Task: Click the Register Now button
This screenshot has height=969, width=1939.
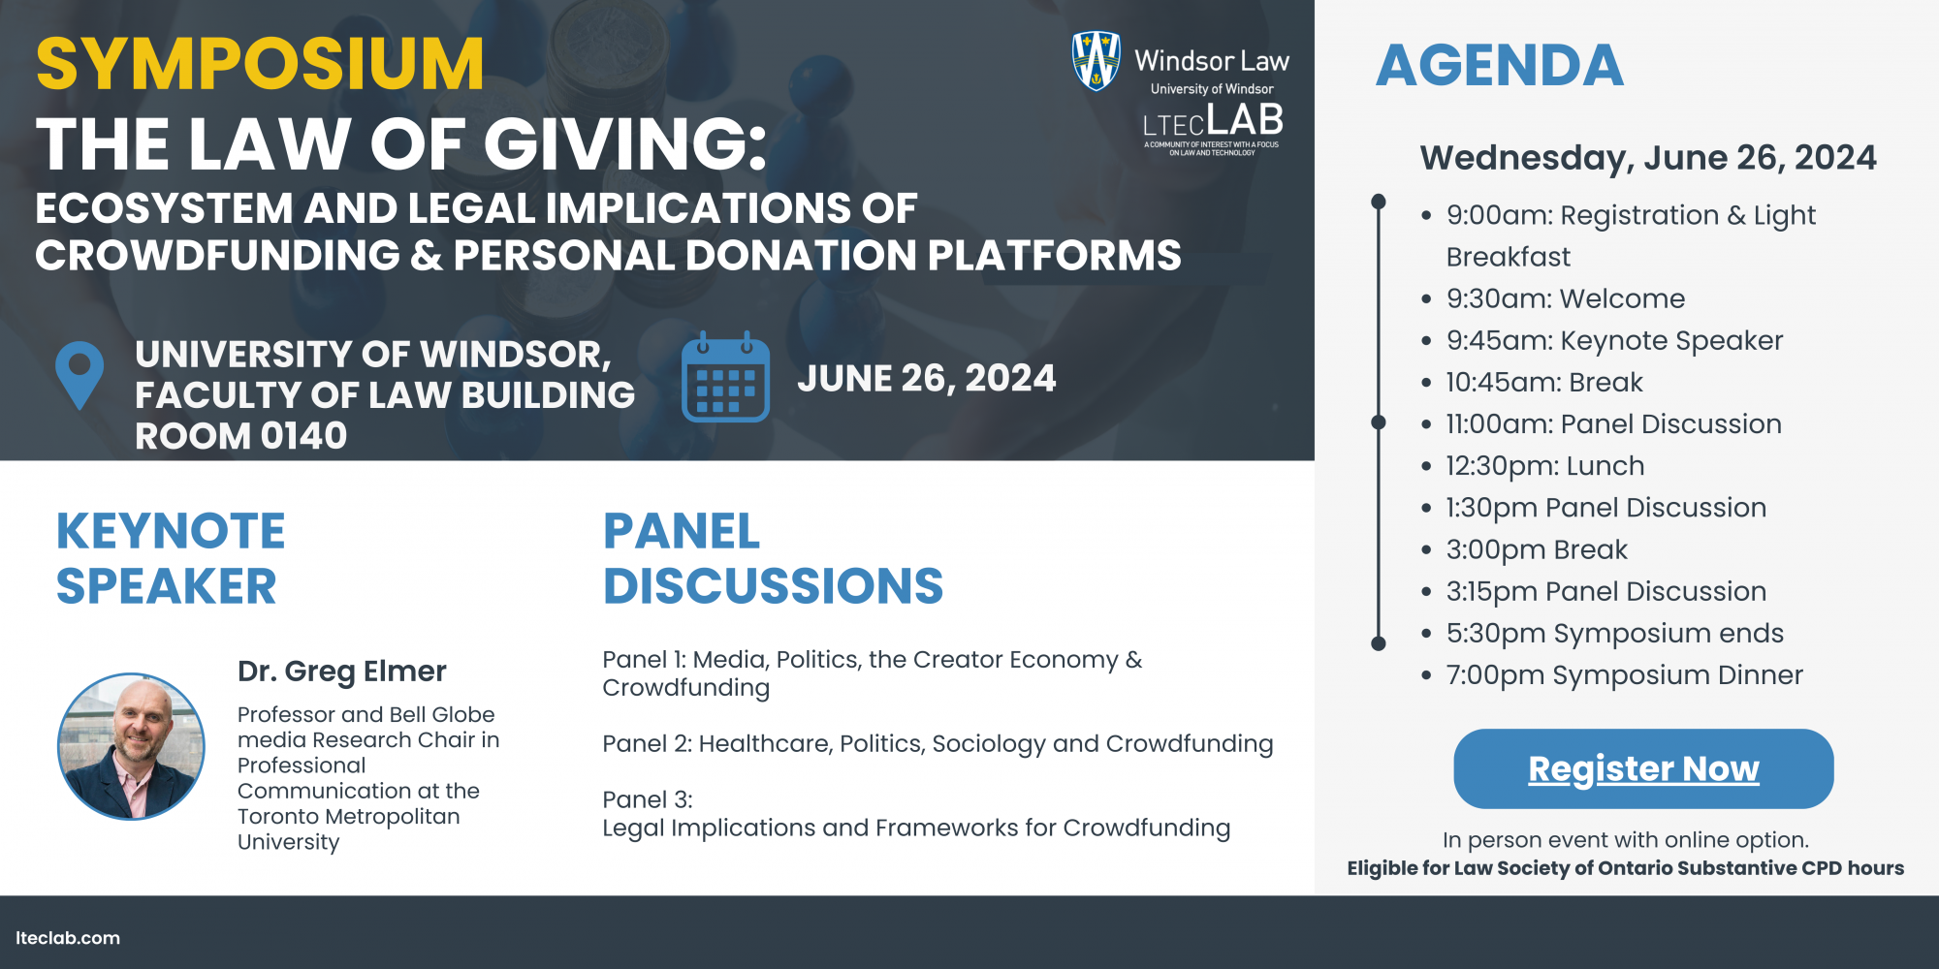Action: pyautogui.click(x=1643, y=768)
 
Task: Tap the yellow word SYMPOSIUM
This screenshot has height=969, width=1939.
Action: pyautogui.click(x=260, y=64)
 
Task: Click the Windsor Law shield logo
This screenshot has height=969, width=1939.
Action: pyautogui.click(x=1097, y=61)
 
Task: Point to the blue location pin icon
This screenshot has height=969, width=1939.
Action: pyautogui.click(x=79, y=375)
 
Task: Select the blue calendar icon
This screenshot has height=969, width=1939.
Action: pyautogui.click(x=725, y=377)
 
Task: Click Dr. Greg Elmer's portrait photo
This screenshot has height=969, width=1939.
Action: pyautogui.click(x=131, y=746)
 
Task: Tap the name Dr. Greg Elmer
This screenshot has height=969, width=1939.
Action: pyautogui.click(x=342, y=671)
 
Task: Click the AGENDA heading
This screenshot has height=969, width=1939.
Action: pyautogui.click(x=1500, y=66)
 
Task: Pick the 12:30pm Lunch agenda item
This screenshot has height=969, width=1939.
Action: pyautogui.click(x=1545, y=466)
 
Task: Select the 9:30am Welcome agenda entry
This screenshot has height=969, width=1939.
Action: pyautogui.click(x=1566, y=298)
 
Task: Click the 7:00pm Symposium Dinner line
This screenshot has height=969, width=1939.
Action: pyautogui.click(x=1625, y=675)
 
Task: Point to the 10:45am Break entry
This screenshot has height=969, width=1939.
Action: pyautogui.click(x=1544, y=383)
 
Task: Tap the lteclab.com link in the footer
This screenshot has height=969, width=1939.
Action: pyautogui.click(x=68, y=938)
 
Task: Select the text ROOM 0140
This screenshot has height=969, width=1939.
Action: pyautogui.click(x=241, y=436)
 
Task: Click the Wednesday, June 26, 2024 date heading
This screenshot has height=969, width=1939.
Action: pyautogui.click(x=1648, y=158)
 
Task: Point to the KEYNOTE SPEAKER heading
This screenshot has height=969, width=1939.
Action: pyautogui.click(x=171, y=559)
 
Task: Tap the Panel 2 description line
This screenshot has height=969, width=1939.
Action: pyautogui.click(x=938, y=744)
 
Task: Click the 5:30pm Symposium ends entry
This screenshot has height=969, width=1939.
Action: pyautogui.click(x=1615, y=634)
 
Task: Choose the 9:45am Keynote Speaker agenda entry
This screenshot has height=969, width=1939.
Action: pyautogui.click(x=1614, y=341)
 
